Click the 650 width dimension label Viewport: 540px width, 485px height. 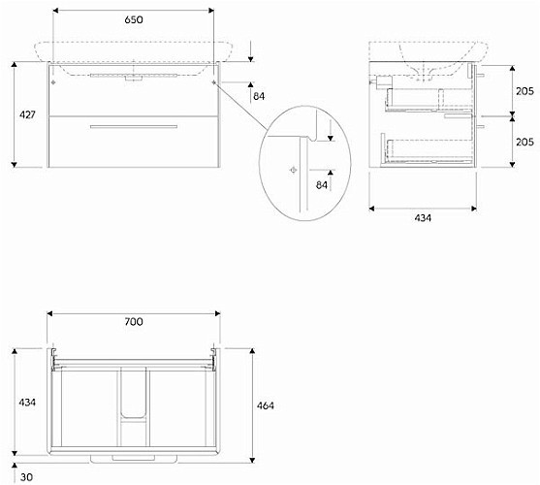[x=134, y=20]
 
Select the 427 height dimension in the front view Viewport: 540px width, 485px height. [x=27, y=114]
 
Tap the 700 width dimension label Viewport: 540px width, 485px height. [x=134, y=322]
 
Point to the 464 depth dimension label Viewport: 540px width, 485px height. [x=266, y=405]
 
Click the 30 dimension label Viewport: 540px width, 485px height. [x=26, y=477]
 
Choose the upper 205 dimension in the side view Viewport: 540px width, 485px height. [x=524, y=91]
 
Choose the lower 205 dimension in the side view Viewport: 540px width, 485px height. [x=524, y=142]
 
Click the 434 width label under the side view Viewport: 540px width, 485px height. [x=423, y=218]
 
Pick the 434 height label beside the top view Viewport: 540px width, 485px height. [x=27, y=402]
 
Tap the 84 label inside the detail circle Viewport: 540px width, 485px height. [x=322, y=185]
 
